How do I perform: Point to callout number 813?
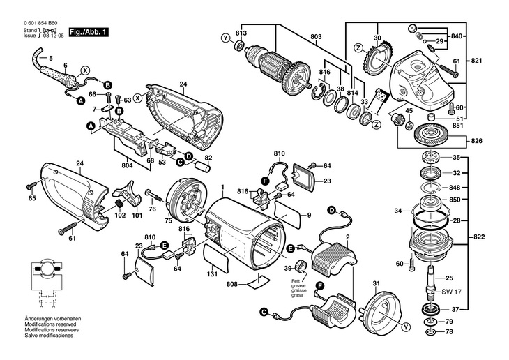[x=241, y=33]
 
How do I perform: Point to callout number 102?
[x=120, y=216]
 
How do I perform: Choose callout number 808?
[x=232, y=284]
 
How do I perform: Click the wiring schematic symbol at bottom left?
[x=44, y=284]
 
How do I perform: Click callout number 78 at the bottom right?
[x=450, y=330]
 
